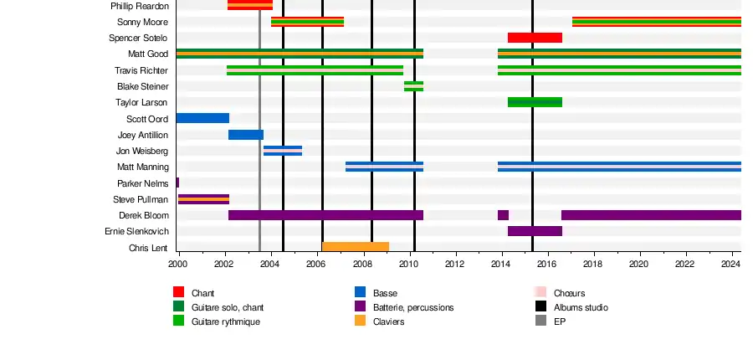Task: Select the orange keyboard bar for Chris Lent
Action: (356, 247)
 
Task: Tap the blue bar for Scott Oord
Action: (202, 118)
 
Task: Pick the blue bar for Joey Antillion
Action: (246, 135)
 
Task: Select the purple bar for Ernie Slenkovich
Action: (535, 231)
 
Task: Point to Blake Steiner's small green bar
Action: (413, 86)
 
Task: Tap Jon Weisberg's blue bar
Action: (283, 151)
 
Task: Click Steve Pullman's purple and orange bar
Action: (203, 199)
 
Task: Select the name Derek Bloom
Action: (144, 216)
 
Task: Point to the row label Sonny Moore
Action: (142, 22)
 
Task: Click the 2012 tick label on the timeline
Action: (454, 265)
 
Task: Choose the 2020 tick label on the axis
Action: (638, 265)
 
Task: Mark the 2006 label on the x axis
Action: (316, 265)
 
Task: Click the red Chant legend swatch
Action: (178, 292)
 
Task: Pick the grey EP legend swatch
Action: (540, 321)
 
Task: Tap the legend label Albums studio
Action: (581, 307)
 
